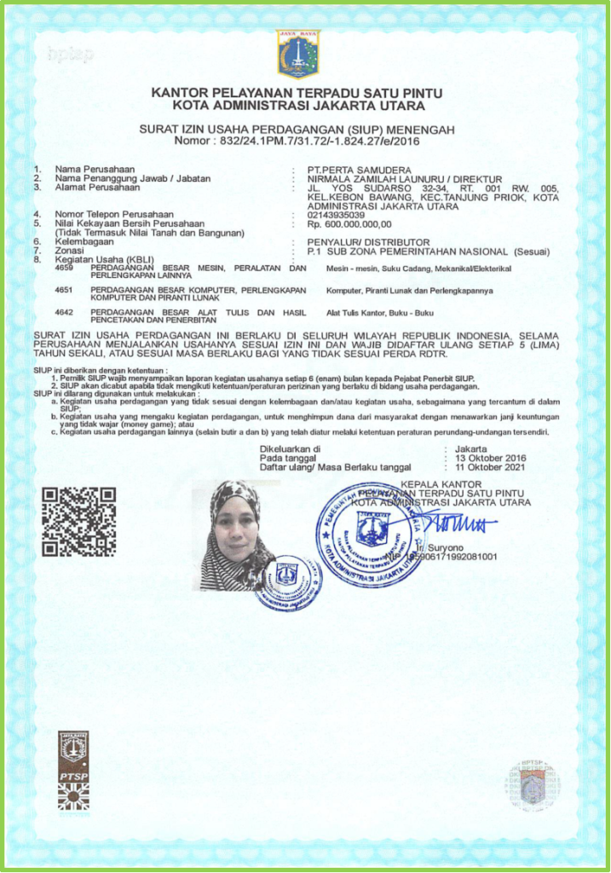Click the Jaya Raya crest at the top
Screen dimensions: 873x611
[x=298, y=54]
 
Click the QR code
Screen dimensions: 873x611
[x=79, y=521]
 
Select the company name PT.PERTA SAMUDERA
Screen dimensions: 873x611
[x=358, y=170]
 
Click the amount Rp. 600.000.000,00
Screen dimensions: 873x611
[x=349, y=223]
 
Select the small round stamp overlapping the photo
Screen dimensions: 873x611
[x=288, y=582]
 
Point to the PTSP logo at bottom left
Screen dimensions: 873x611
[x=73, y=770]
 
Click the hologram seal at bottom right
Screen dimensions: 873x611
[x=533, y=785]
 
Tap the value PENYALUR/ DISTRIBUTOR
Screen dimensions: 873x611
[x=369, y=242]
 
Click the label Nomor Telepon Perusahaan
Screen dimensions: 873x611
[x=114, y=214]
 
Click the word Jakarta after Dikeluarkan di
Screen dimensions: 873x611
[x=471, y=448]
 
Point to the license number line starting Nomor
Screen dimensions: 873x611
[x=297, y=140]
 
